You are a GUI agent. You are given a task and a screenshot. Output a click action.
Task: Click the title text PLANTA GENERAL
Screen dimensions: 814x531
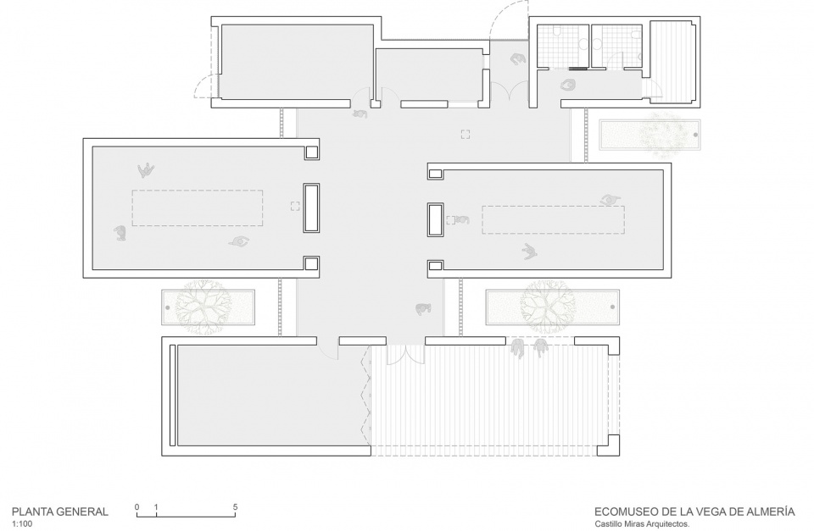pyautogui.click(x=60, y=512)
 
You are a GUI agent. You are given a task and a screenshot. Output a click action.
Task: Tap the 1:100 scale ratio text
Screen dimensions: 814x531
pyautogui.click(x=22, y=523)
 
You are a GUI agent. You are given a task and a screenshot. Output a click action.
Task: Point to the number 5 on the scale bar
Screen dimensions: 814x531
pyautogui.click(x=235, y=507)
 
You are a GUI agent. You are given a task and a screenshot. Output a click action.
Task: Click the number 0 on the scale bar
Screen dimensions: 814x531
pyautogui.click(x=137, y=507)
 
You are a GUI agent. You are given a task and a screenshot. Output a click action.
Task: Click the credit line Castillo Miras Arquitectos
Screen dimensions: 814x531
pyautogui.click(x=642, y=524)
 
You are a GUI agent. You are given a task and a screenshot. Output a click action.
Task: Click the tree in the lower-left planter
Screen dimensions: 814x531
pyautogui.click(x=200, y=307)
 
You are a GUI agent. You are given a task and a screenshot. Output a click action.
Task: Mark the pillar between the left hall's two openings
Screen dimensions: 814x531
pyautogui.click(x=311, y=207)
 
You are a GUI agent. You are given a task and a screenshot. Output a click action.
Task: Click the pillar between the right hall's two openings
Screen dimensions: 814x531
pyautogui.click(x=435, y=220)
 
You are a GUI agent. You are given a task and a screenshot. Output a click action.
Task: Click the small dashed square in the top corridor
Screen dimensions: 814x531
pyautogui.click(x=466, y=135)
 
